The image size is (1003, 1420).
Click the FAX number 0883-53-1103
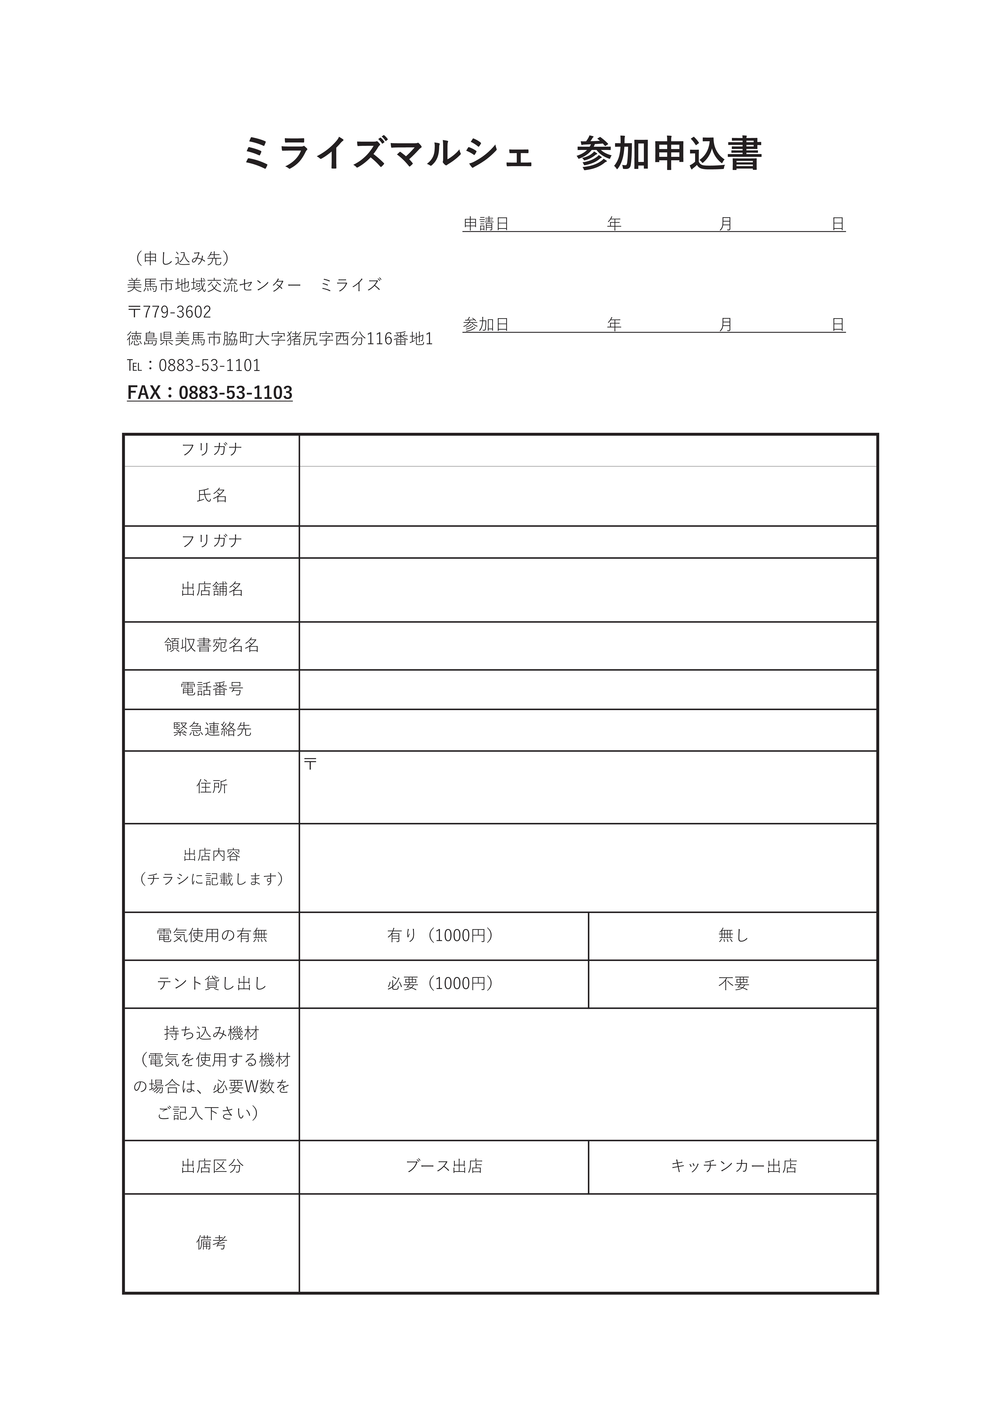pos(235,393)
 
